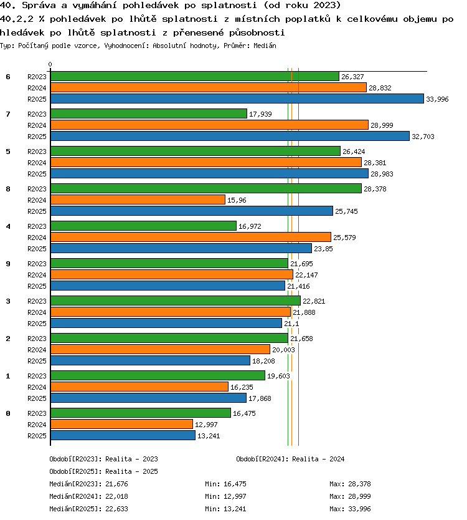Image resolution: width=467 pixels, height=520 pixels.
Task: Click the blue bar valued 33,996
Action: click(x=237, y=99)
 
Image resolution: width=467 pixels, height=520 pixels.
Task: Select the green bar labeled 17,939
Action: click(x=149, y=113)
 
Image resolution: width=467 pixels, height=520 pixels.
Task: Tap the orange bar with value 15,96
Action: click(x=138, y=200)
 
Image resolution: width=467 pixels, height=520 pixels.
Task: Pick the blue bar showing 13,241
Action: click(x=123, y=435)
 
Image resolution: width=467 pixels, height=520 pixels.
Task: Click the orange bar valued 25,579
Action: click(x=191, y=237)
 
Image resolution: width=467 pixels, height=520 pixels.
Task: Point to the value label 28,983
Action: click(x=382, y=174)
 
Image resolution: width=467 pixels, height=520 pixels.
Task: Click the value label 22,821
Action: click(x=314, y=301)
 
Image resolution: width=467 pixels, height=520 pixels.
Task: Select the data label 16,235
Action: click(x=242, y=387)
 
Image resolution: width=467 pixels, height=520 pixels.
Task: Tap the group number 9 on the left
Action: click(x=8, y=264)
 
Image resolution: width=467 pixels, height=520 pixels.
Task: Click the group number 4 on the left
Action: click(x=8, y=226)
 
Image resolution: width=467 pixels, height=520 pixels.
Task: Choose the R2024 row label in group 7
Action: click(x=37, y=125)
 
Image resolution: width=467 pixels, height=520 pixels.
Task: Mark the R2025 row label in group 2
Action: click(x=37, y=361)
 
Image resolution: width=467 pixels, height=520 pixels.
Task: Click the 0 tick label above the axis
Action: click(x=50, y=64)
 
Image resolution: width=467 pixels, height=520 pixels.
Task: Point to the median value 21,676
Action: click(x=116, y=484)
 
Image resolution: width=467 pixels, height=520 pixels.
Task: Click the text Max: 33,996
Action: click(x=350, y=509)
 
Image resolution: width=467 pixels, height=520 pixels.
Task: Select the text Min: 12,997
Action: click(x=225, y=496)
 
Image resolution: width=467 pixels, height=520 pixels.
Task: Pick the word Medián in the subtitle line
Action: click(x=265, y=46)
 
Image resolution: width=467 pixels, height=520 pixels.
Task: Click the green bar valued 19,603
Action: click(x=158, y=375)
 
